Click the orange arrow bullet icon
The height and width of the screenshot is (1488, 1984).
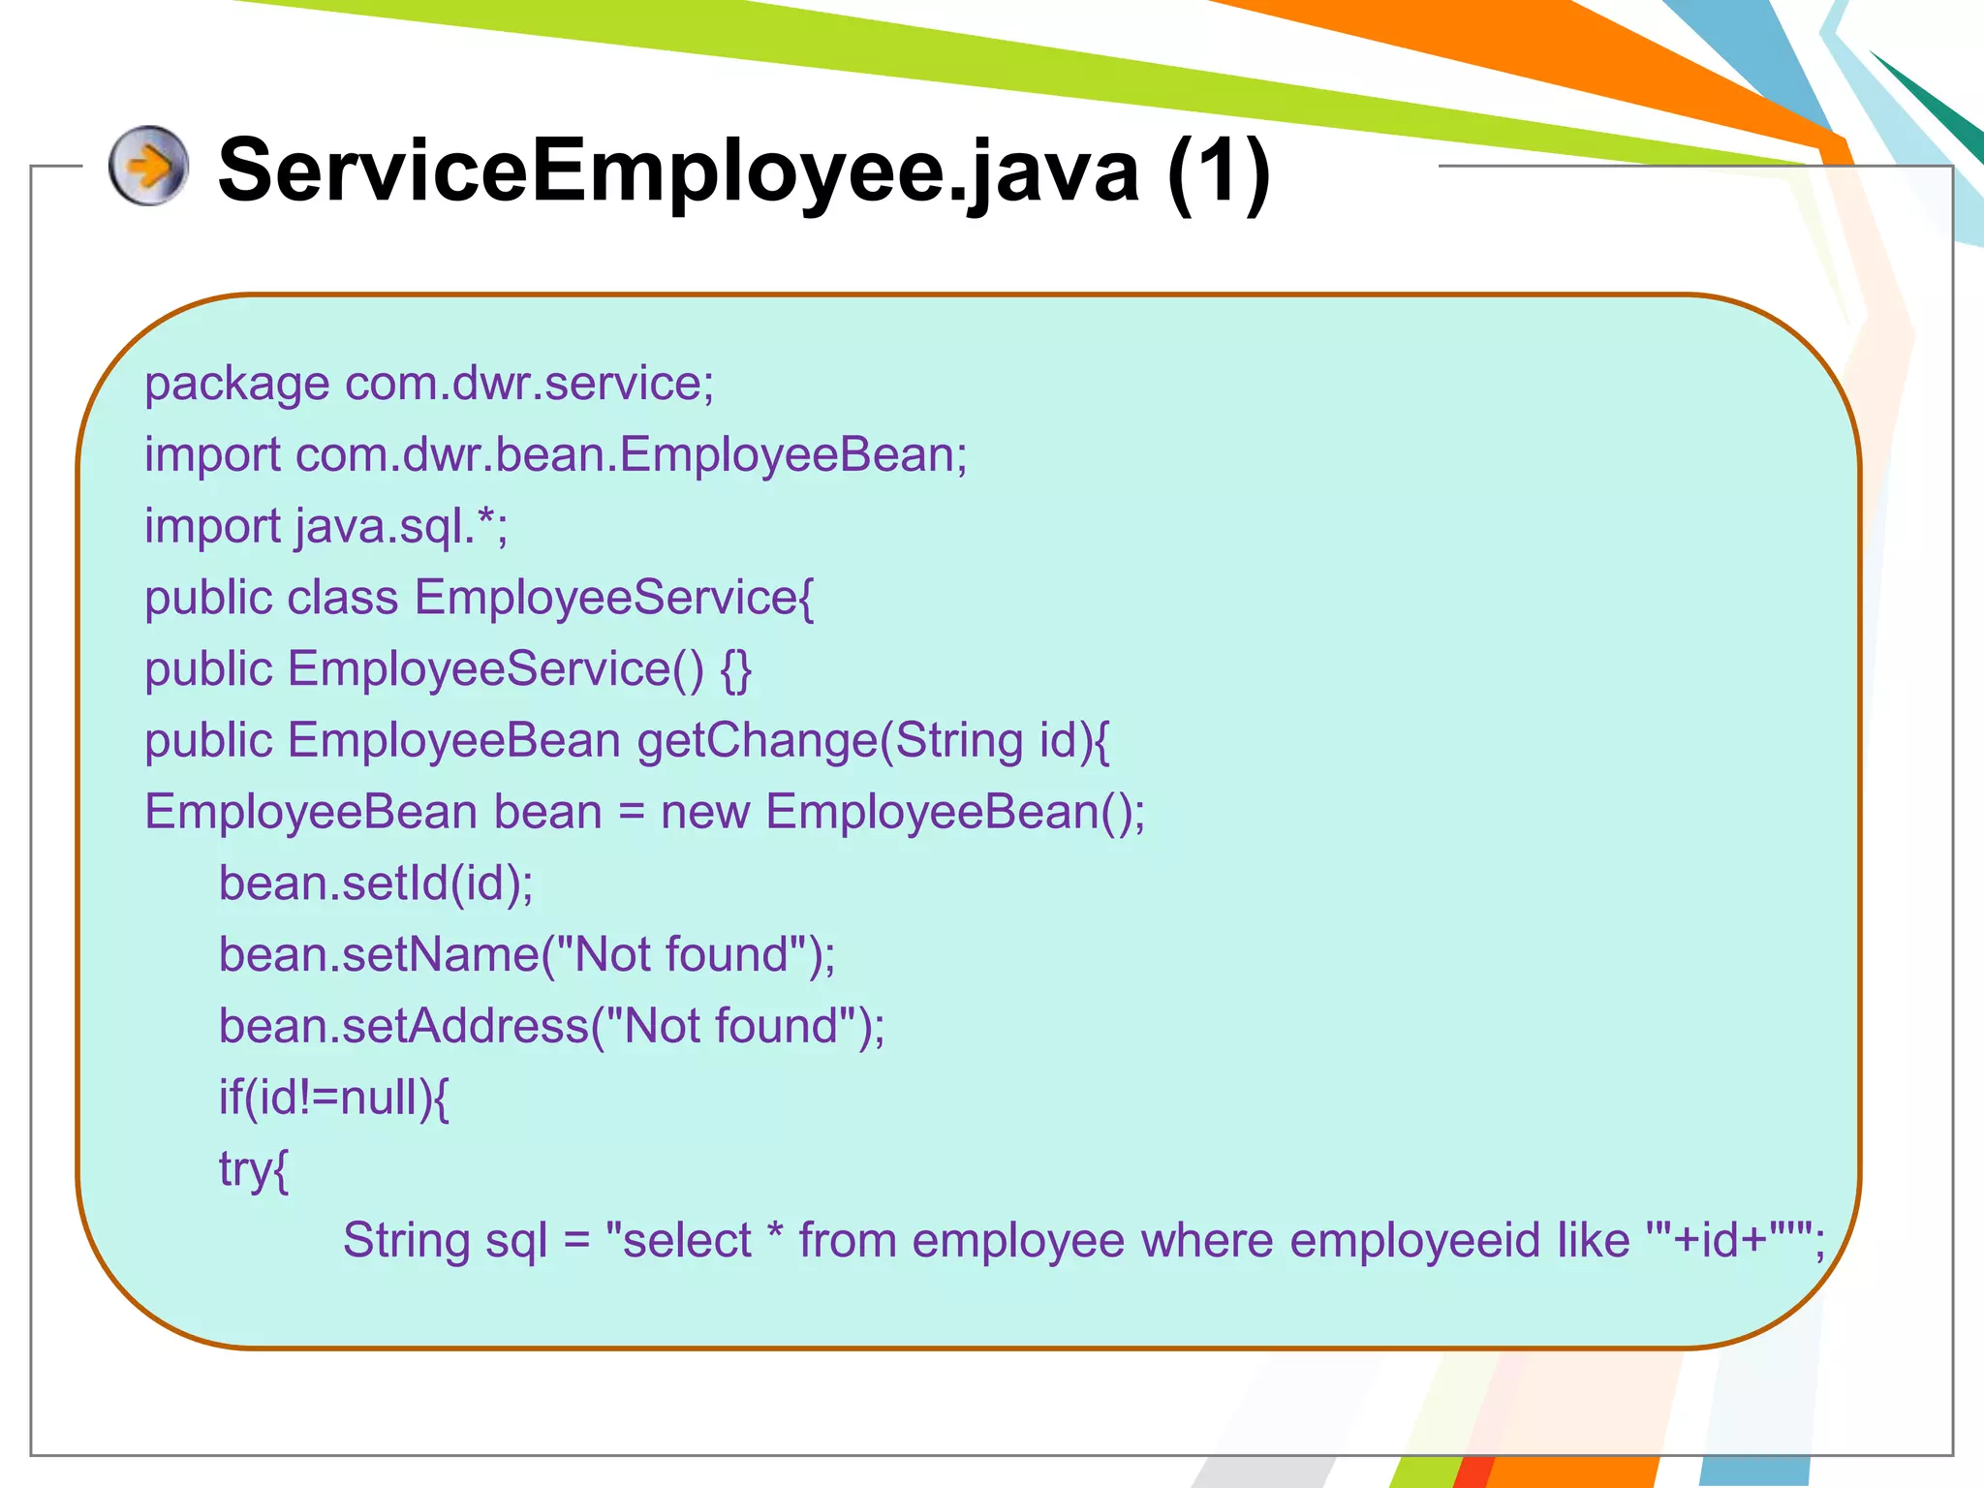(x=148, y=166)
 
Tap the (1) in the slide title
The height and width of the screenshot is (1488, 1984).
(x=1219, y=171)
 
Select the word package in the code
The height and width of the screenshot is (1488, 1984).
(x=236, y=385)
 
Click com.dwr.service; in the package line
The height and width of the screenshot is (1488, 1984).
(x=530, y=384)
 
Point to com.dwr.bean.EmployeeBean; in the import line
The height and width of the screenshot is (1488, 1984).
(x=632, y=455)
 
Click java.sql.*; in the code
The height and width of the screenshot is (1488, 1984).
(x=402, y=527)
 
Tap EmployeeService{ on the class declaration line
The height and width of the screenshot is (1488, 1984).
(x=614, y=598)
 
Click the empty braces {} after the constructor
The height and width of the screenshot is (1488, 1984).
(x=736, y=669)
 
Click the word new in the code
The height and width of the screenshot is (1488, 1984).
(x=705, y=813)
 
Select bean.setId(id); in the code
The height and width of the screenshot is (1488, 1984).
(x=376, y=883)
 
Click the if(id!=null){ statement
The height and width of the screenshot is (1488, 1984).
(x=334, y=1099)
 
